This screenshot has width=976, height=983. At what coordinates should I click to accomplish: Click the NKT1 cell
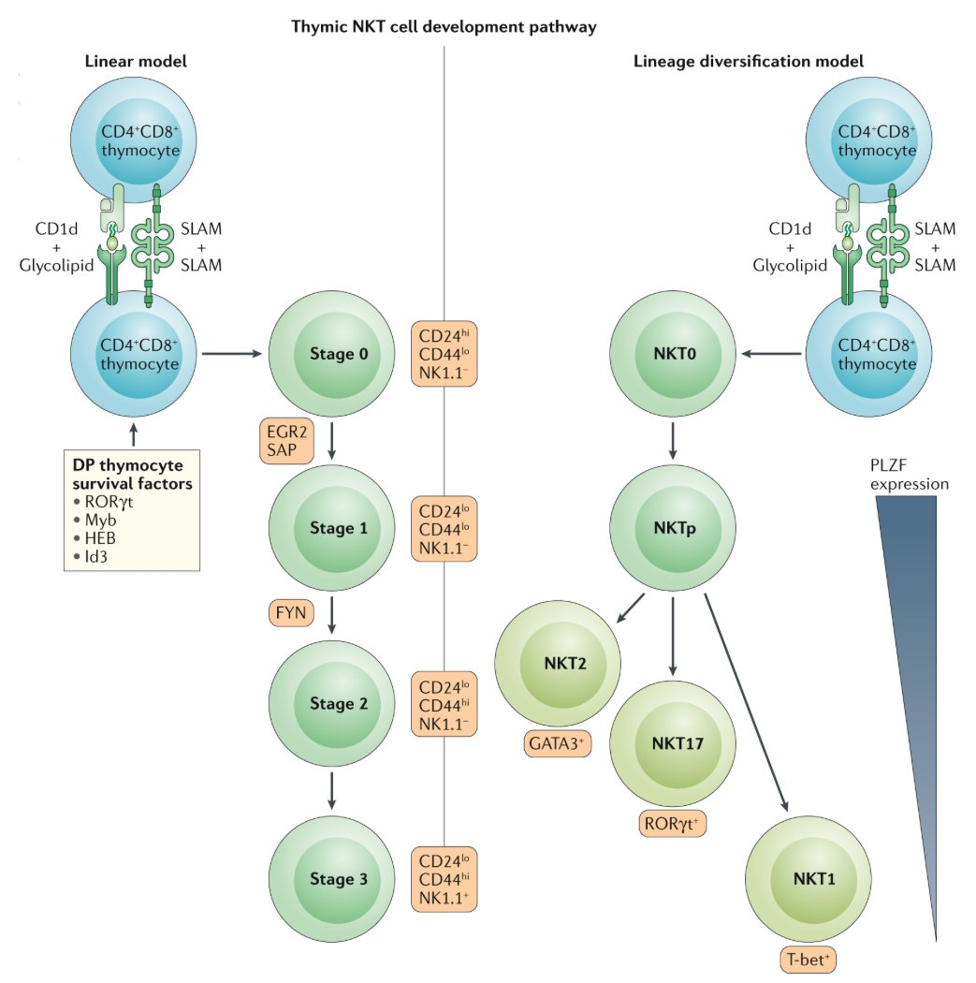(808, 880)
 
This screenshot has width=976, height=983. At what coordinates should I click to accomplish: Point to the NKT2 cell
(558, 663)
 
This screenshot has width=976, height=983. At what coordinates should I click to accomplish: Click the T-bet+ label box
(808, 958)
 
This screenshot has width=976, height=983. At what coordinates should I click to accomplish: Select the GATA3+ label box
(558, 744)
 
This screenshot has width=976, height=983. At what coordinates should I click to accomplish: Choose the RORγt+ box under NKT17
(671, 823)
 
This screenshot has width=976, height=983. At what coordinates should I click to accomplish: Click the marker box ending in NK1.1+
(444, 880)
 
